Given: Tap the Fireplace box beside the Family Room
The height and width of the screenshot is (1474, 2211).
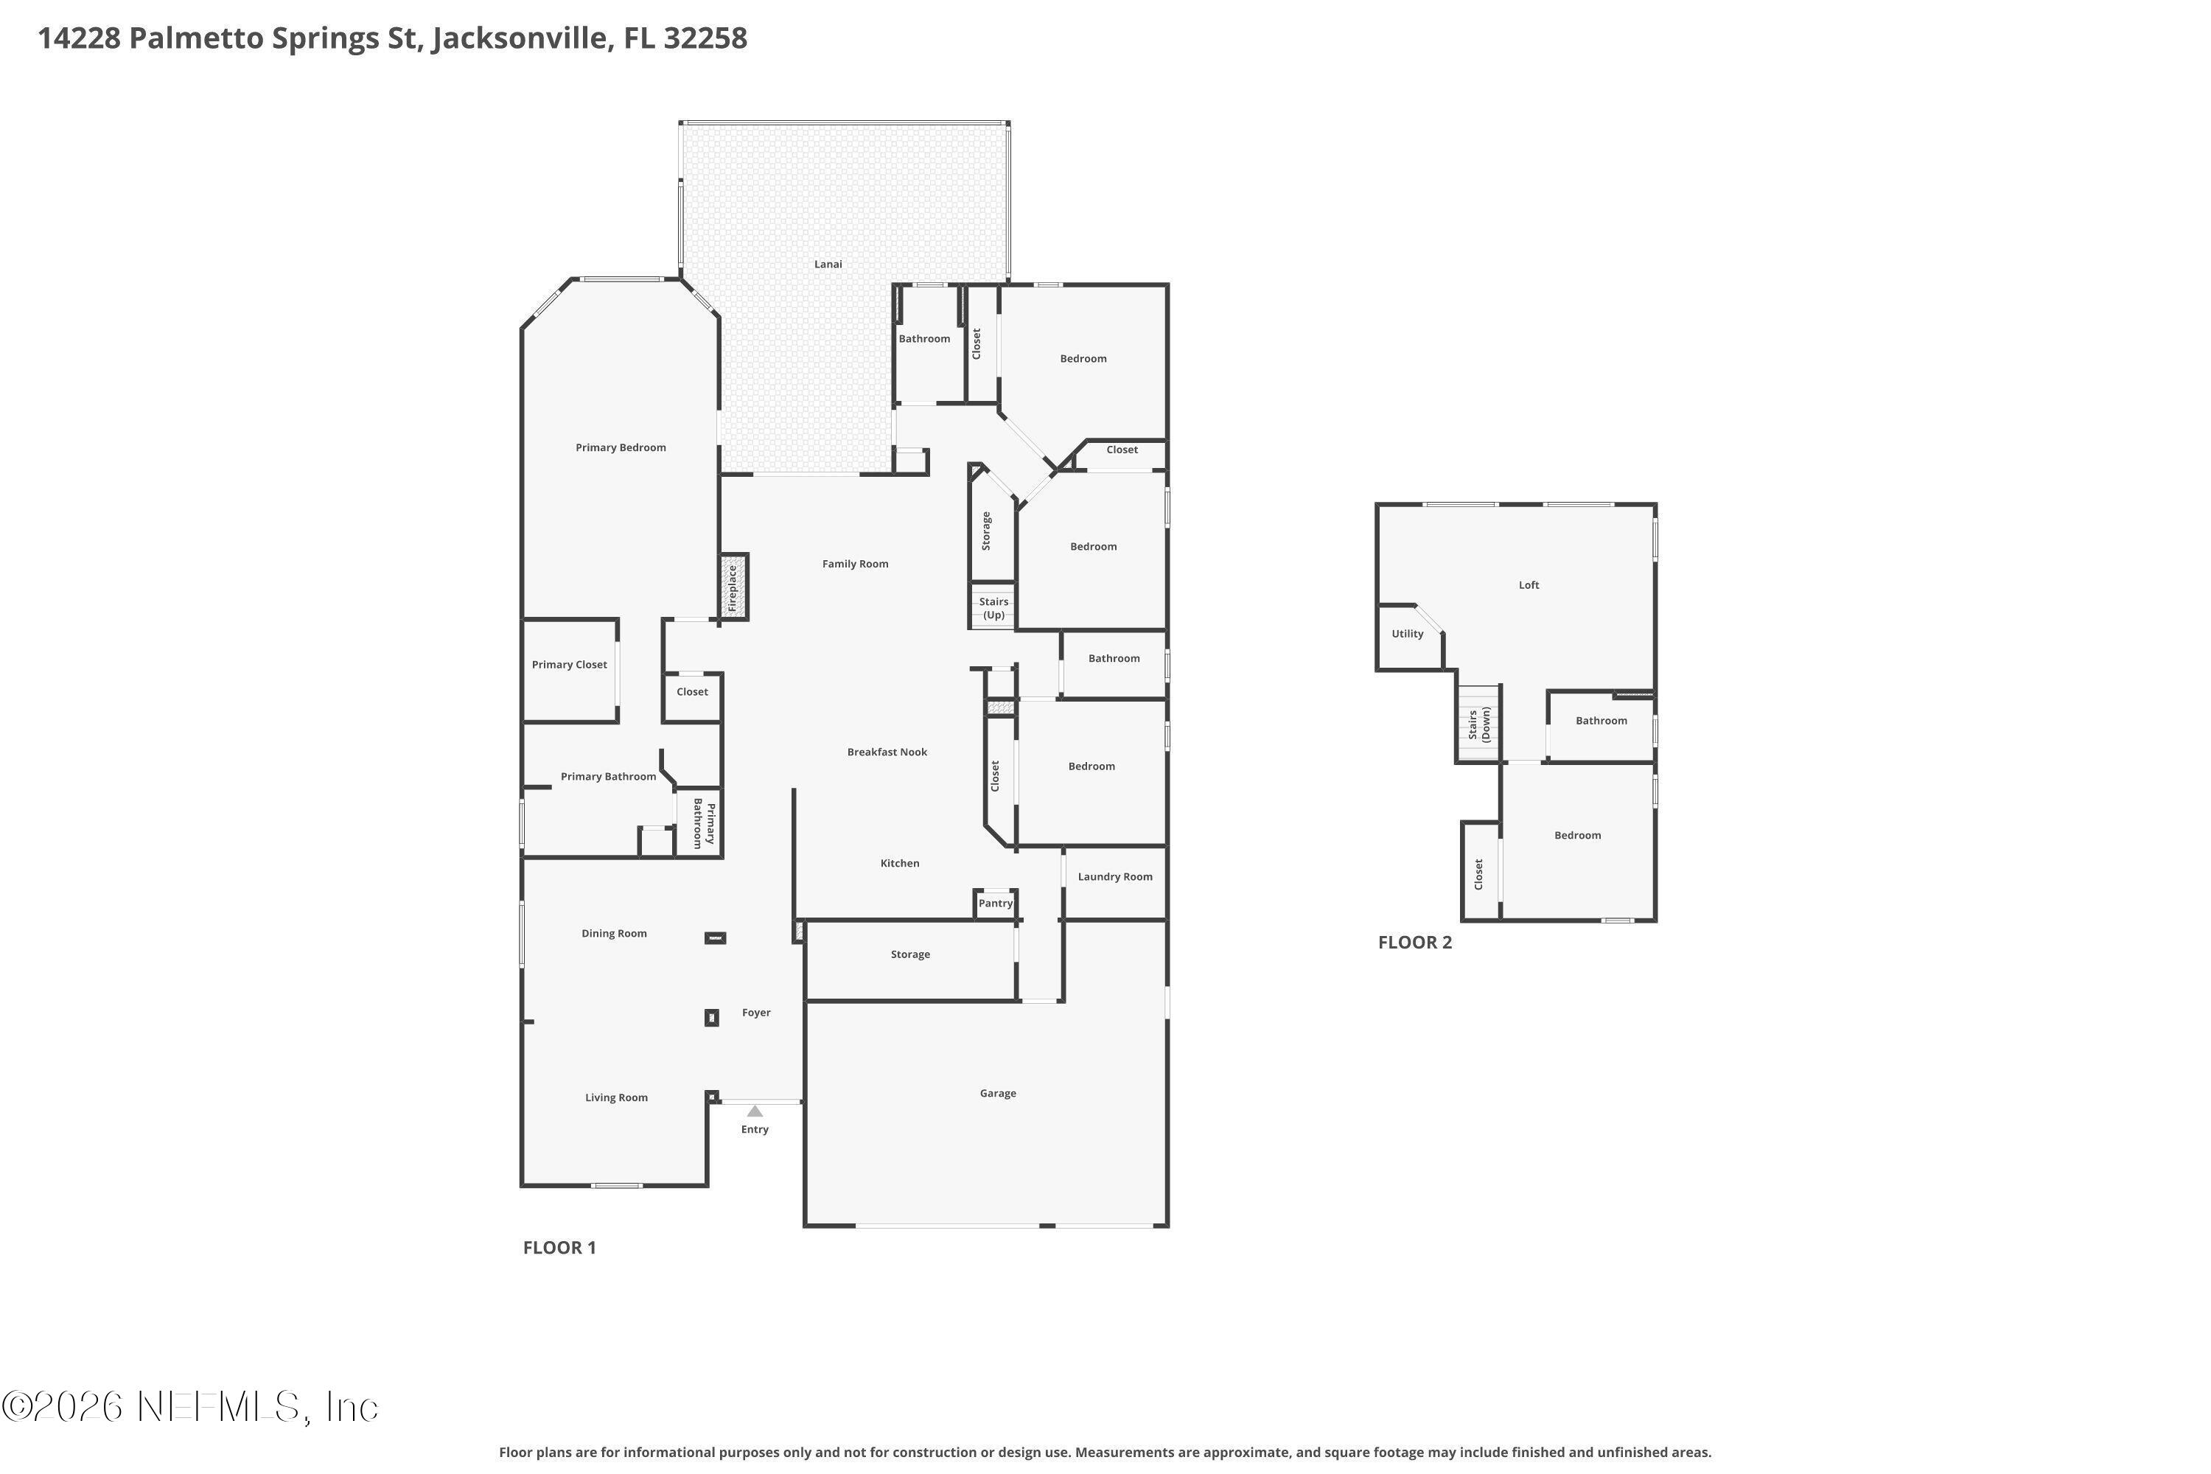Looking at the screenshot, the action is tap(733, 587).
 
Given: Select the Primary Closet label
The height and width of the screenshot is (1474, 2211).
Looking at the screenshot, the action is tap(570, 665).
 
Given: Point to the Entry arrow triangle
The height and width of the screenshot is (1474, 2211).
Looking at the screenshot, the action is tap(755, 1111).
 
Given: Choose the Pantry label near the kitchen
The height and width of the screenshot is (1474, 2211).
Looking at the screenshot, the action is tap(996, 904).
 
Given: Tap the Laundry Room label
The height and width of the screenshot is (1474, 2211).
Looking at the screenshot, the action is tap(1115, 877).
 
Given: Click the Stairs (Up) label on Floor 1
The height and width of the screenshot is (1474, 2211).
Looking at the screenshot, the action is tap(993, 608).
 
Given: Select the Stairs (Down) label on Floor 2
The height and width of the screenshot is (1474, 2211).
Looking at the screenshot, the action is tap(1478, 724).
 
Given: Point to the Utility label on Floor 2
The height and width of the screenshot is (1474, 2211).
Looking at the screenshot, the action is tap(1407, 634).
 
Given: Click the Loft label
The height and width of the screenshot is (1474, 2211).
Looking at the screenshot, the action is tap(1529, 584).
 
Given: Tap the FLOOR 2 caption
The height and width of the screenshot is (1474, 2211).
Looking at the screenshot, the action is tap(1415, 943).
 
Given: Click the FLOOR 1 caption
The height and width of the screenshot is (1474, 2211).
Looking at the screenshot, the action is tap(559, 1248).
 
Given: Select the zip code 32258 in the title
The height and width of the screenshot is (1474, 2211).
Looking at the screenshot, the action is tap(705, 38).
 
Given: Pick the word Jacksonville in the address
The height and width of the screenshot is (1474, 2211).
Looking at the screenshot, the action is tap(519, 38).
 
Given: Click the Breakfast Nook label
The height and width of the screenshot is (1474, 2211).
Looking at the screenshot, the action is tap(887, 752).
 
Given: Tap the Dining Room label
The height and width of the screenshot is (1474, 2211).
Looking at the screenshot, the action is tap(614, 934).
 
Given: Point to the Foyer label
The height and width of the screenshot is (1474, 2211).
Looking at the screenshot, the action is tap(756, 1013).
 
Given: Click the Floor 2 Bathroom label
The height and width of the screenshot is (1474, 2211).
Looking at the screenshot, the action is tap(1601, 721).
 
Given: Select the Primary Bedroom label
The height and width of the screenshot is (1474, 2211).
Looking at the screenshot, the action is tap(621, 447).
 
